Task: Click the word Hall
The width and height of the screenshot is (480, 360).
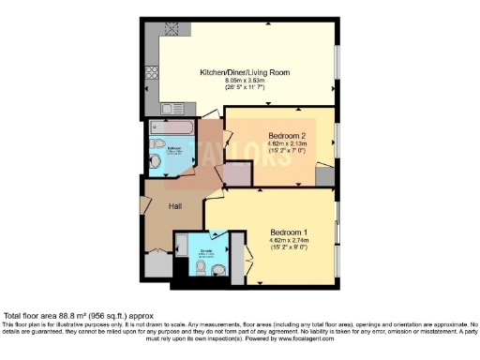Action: (175, 206)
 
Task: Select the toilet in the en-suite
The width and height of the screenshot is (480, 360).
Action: (218, 271)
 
